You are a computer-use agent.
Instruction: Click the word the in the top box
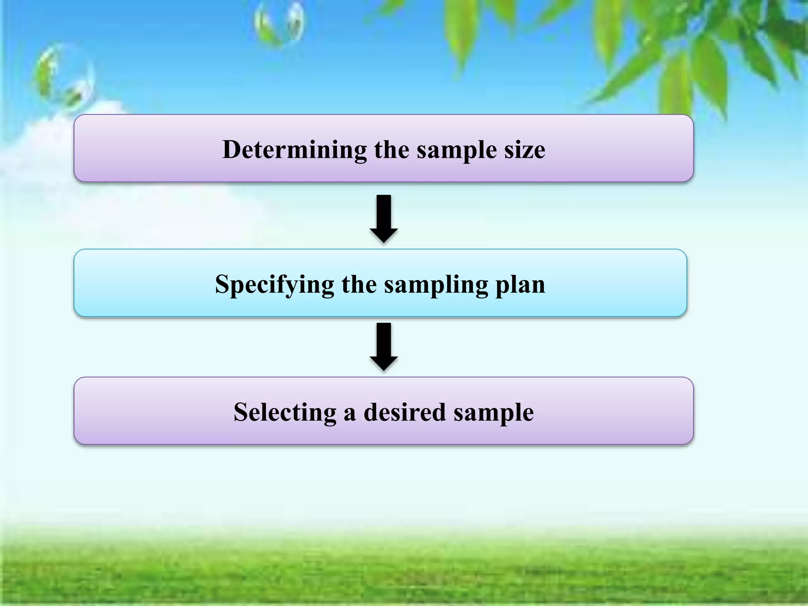tap(391, 150)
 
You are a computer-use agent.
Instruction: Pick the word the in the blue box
tap(359, 284)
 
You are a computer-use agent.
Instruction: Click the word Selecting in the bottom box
tap(284, 413)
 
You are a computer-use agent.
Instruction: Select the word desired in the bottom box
tap(405, 413)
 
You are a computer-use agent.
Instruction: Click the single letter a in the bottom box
tap(350, 414)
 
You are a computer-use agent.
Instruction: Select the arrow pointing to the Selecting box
tap(383, 346)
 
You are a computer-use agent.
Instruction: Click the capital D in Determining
tap(232, 150)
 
